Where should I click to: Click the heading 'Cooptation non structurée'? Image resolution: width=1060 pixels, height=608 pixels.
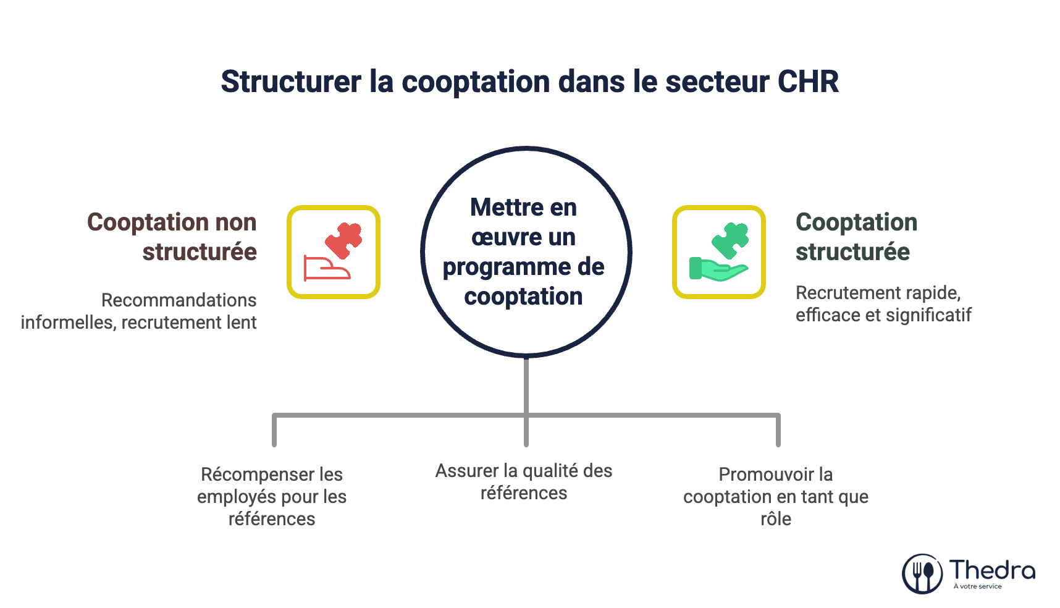click(x=172, y=237)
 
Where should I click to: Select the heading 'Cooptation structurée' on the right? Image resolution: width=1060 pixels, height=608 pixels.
click(x=856, y=237)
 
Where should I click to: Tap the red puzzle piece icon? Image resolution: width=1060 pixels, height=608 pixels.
click(x=344, y=240)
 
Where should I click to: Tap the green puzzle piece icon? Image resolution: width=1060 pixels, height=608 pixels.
click(x=731, y=240)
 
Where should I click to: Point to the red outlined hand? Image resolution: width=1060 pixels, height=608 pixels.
click(x=326, y=268)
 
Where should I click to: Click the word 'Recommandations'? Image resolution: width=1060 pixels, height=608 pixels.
click(x=179, y=300)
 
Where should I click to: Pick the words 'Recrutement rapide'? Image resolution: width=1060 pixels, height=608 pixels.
click(x=878, y=293)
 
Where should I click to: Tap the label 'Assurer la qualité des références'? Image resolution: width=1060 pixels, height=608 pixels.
click(x=524, y=482)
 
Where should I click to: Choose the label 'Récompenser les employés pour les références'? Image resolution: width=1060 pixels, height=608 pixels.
click(x=272, y=496)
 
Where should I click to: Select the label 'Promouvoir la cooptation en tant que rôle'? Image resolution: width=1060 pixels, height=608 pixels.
click(x=776, y=496)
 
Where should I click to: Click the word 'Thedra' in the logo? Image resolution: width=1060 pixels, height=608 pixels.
click(x=992, y=569)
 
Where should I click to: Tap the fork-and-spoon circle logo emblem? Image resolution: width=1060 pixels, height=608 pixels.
click(x=922, y=573)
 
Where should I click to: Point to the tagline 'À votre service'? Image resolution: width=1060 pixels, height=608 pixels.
click(x=977, y=586)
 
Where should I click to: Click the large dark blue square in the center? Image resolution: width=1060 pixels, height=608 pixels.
click(x=519, y=247)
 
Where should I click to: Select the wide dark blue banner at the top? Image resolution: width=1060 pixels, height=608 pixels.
click(x=529, y=90)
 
